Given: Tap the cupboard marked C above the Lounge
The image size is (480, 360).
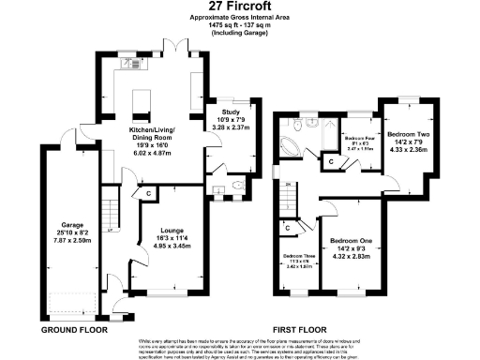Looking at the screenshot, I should pyautogui.click(x=148, y=193).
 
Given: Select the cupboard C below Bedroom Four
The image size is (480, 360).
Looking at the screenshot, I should pyautogui.click(x=332, y=162).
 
